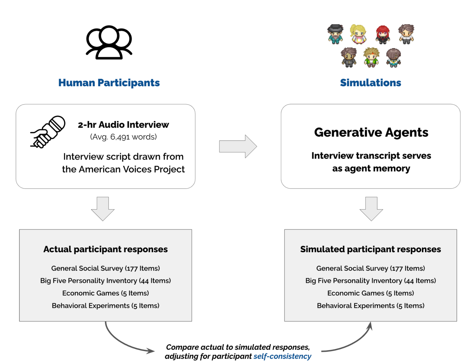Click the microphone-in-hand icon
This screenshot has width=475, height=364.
(48, 132)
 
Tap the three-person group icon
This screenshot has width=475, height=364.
(109, 43)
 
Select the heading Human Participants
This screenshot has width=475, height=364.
(109, 83)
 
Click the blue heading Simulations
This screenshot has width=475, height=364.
(371, 83)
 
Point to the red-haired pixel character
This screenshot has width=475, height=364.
(382, 35)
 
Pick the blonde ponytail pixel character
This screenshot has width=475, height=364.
(358, 34)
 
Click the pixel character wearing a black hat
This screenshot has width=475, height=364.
(335, 34)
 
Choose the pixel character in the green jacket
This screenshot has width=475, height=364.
(371, 57)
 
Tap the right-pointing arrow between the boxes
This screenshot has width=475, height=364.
(238, 147)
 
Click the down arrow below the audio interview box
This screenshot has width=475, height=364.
(103, 209)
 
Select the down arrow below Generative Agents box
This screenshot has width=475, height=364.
(371, 209)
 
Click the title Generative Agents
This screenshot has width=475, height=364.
(371, 132)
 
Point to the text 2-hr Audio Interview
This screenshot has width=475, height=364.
(124, 125)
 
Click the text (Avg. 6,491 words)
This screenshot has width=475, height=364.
(124, 137)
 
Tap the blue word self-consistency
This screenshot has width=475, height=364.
(282, 357)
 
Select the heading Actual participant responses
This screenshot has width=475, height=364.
(105, 249)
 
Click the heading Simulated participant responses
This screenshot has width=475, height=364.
(371, 249)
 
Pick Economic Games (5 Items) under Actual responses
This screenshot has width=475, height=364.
(105, 293)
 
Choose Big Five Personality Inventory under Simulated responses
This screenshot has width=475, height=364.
(371, 281)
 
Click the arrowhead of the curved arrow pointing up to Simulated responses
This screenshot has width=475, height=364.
(370, 326)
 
